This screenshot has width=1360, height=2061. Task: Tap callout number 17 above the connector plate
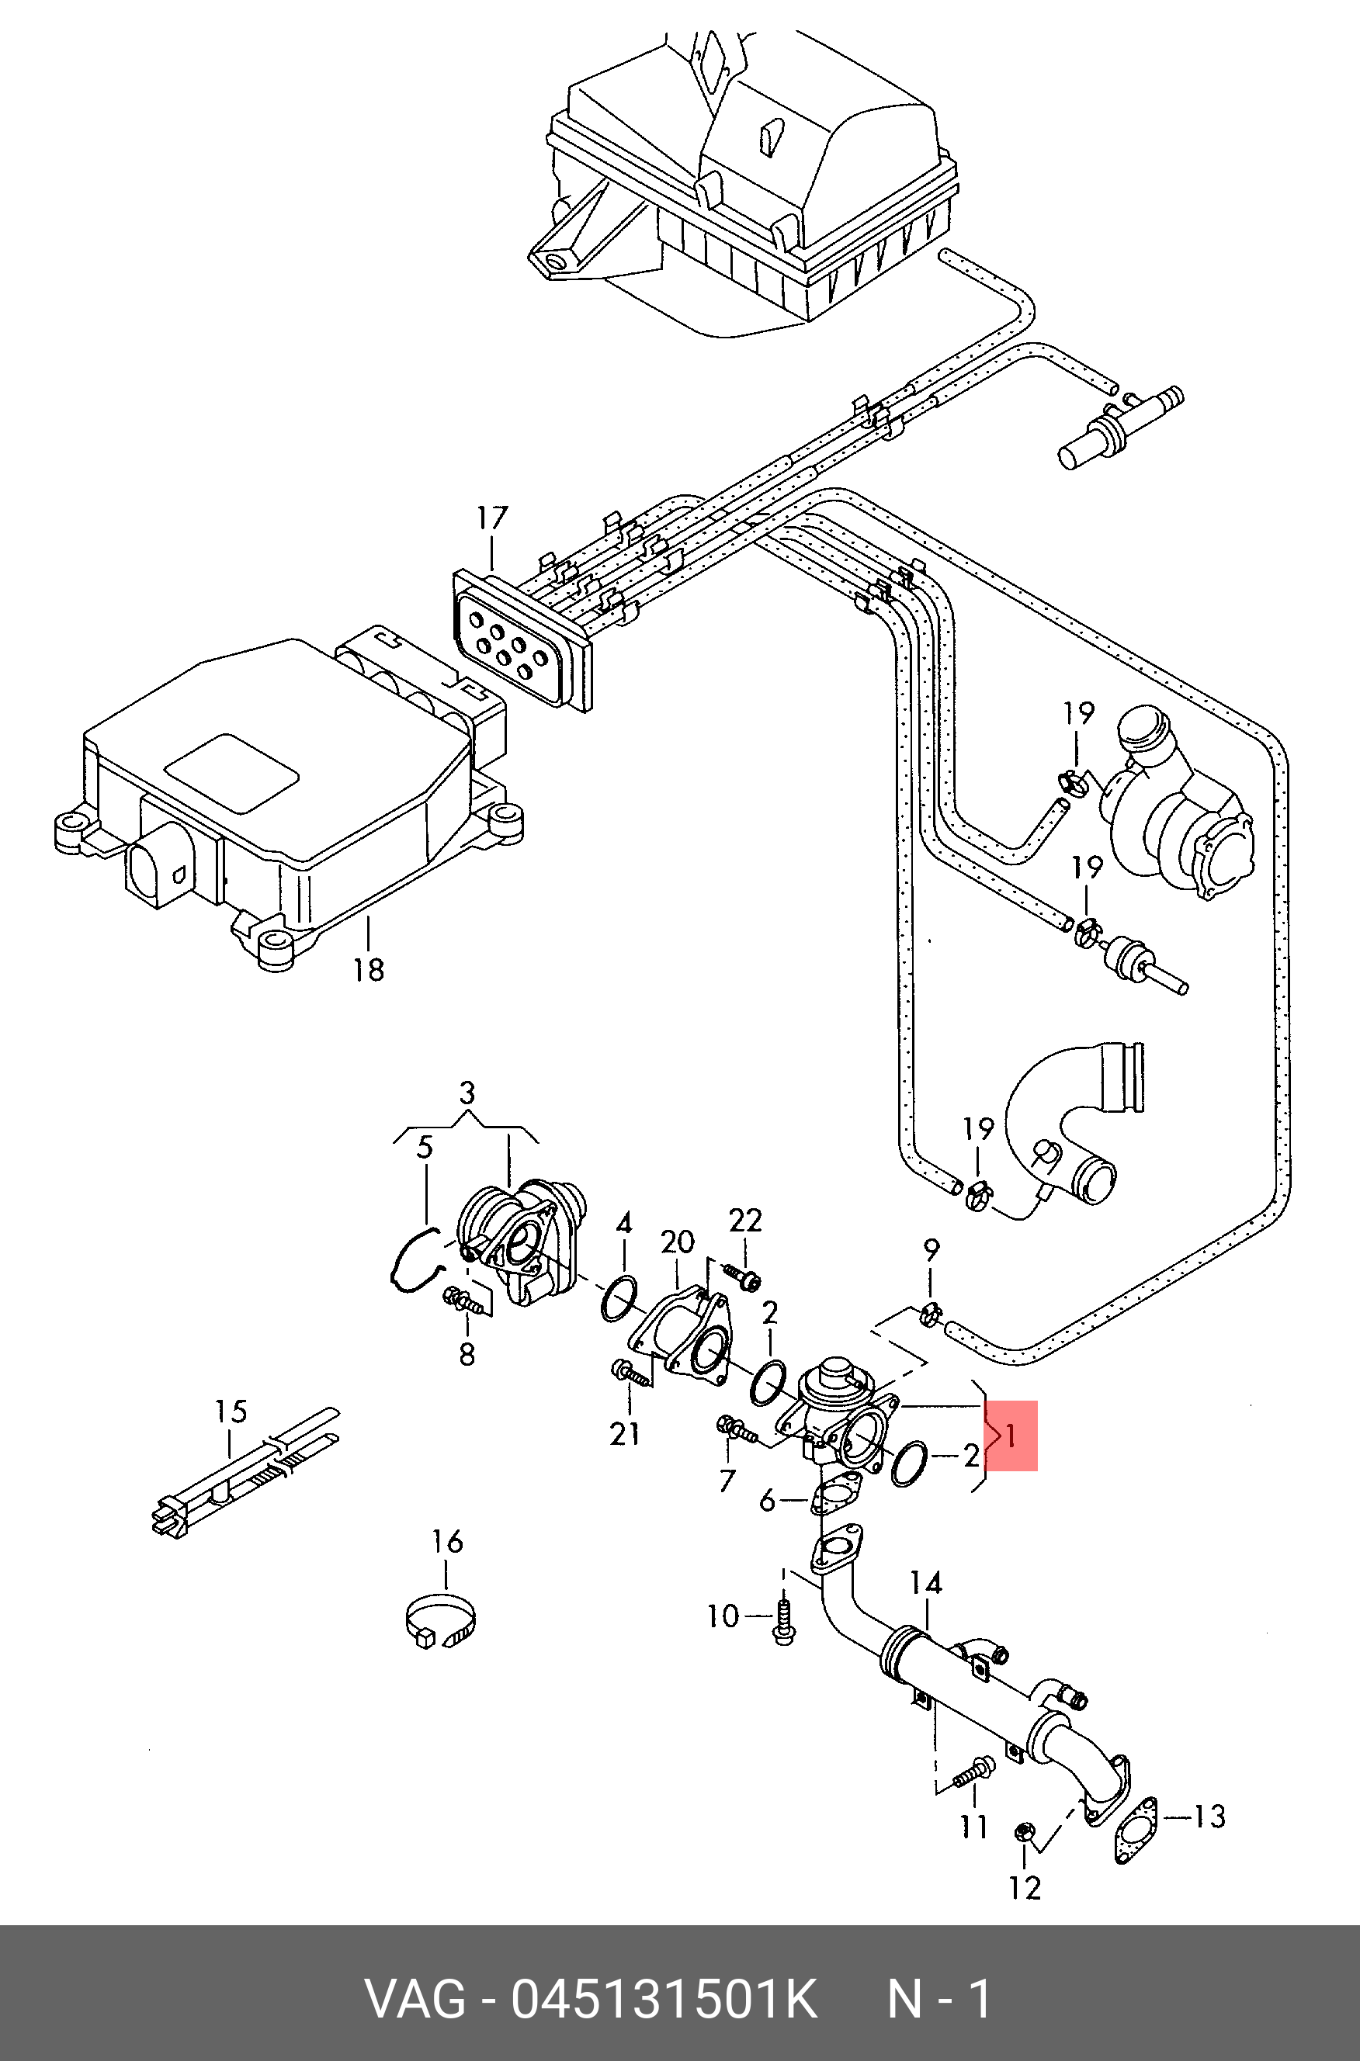492,518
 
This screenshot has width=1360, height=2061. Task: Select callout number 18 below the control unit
369,969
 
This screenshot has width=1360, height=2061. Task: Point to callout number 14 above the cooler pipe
925,1583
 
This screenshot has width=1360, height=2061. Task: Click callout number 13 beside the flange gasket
1208,1817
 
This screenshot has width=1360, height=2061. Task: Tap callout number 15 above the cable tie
231,1412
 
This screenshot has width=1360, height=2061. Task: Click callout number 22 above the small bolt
745,1221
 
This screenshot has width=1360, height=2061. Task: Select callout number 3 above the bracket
467,1093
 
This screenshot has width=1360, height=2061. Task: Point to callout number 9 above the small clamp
931,1250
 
